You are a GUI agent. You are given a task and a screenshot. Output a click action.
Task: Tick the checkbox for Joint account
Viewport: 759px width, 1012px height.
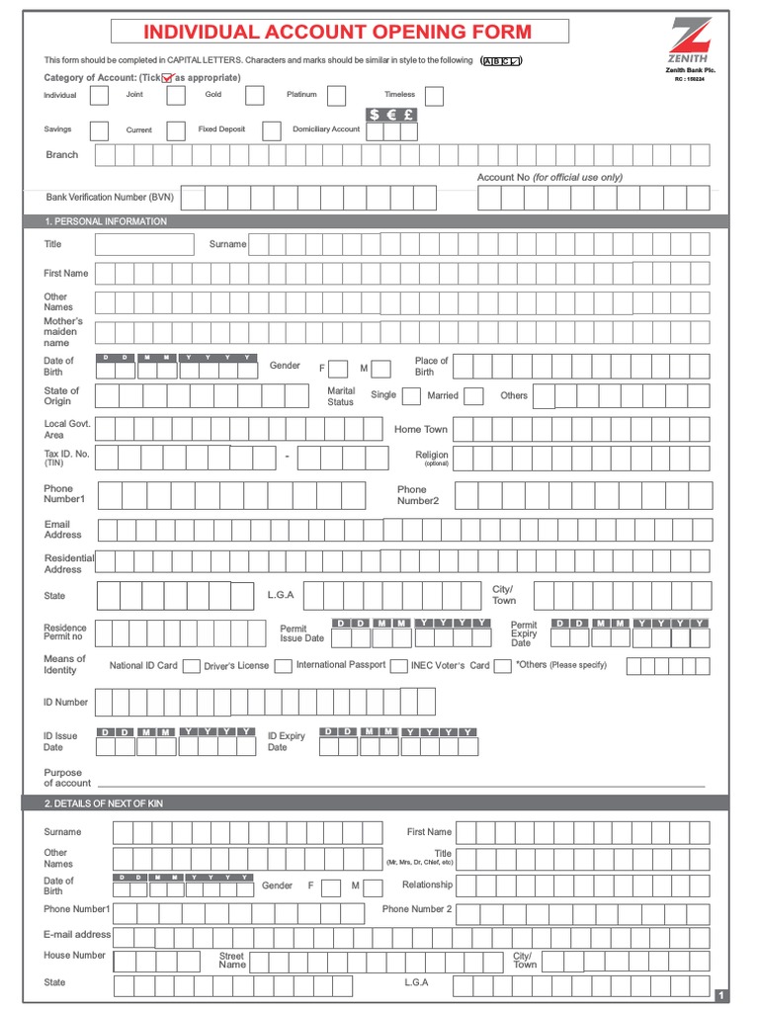coord(176,96)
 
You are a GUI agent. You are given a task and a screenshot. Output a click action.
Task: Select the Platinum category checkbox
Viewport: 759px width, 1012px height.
coord(336,96)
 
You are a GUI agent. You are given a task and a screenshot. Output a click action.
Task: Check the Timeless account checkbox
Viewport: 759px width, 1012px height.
coord(434,96)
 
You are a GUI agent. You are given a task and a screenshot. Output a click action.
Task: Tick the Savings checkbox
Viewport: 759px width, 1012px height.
coord(100,130)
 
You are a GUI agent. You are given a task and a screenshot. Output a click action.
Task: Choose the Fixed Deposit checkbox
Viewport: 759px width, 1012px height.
coord(272,130)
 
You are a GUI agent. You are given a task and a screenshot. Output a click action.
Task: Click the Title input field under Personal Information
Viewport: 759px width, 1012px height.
coord(144,244)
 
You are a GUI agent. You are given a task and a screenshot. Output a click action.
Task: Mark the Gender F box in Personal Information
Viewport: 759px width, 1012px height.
coord(338,369)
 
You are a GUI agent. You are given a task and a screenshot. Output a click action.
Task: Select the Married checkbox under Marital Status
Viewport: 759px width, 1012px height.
coord(473,396)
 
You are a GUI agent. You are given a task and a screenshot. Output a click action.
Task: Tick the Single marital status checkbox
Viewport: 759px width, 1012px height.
coord(411,396)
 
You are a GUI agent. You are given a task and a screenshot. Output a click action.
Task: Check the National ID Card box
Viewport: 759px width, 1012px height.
coord(192,666)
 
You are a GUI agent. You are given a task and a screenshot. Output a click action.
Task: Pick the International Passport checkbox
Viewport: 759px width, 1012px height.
coord(399,666)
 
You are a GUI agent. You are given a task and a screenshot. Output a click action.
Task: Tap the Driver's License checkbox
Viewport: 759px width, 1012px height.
coord(283,666)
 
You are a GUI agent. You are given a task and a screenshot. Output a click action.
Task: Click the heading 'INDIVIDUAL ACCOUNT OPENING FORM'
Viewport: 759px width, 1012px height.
coord(339,32)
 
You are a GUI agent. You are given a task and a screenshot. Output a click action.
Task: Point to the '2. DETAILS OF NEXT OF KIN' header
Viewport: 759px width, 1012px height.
coord(104,803)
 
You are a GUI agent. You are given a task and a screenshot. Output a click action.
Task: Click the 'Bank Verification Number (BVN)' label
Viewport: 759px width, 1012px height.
coord(110,198)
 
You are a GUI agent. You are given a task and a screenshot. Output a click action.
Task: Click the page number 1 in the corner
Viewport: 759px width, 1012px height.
coord(720,995)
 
